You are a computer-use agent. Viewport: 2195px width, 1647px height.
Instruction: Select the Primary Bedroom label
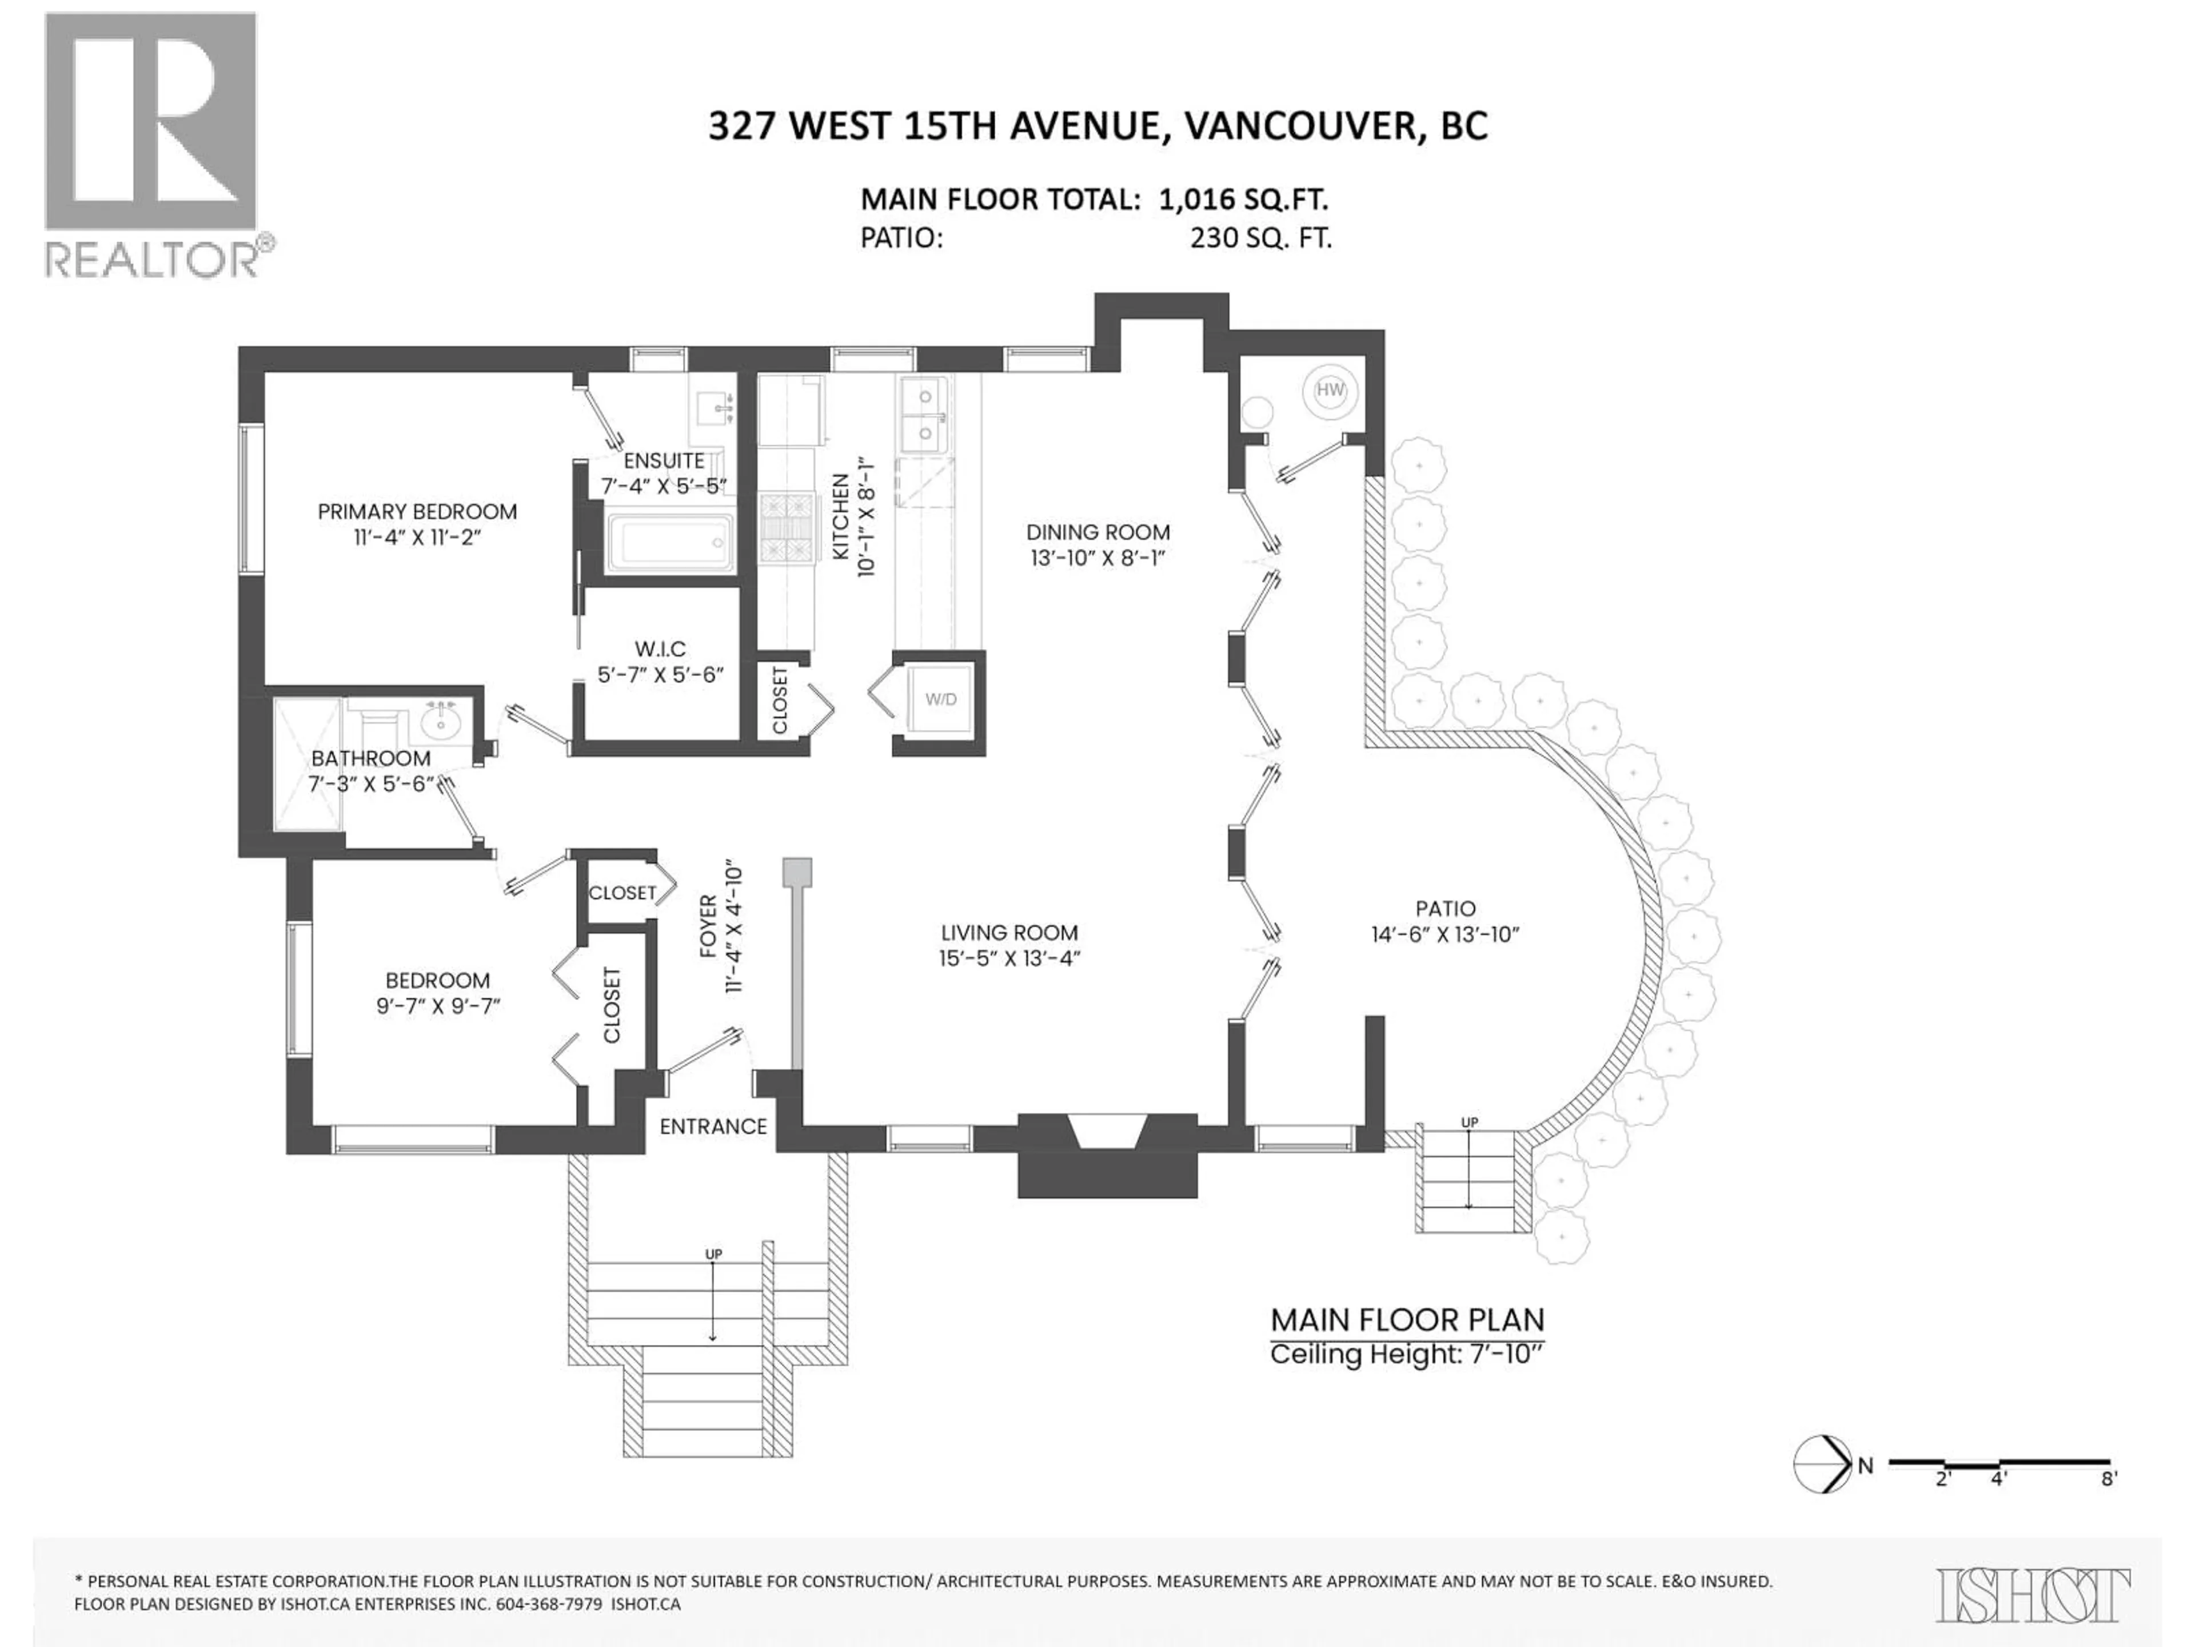[417, 511]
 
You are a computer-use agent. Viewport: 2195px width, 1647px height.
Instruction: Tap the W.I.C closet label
[660, 649]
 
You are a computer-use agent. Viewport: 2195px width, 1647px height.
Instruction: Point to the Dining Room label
[1097, 532]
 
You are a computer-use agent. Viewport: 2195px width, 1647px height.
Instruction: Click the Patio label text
[1445, 908]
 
